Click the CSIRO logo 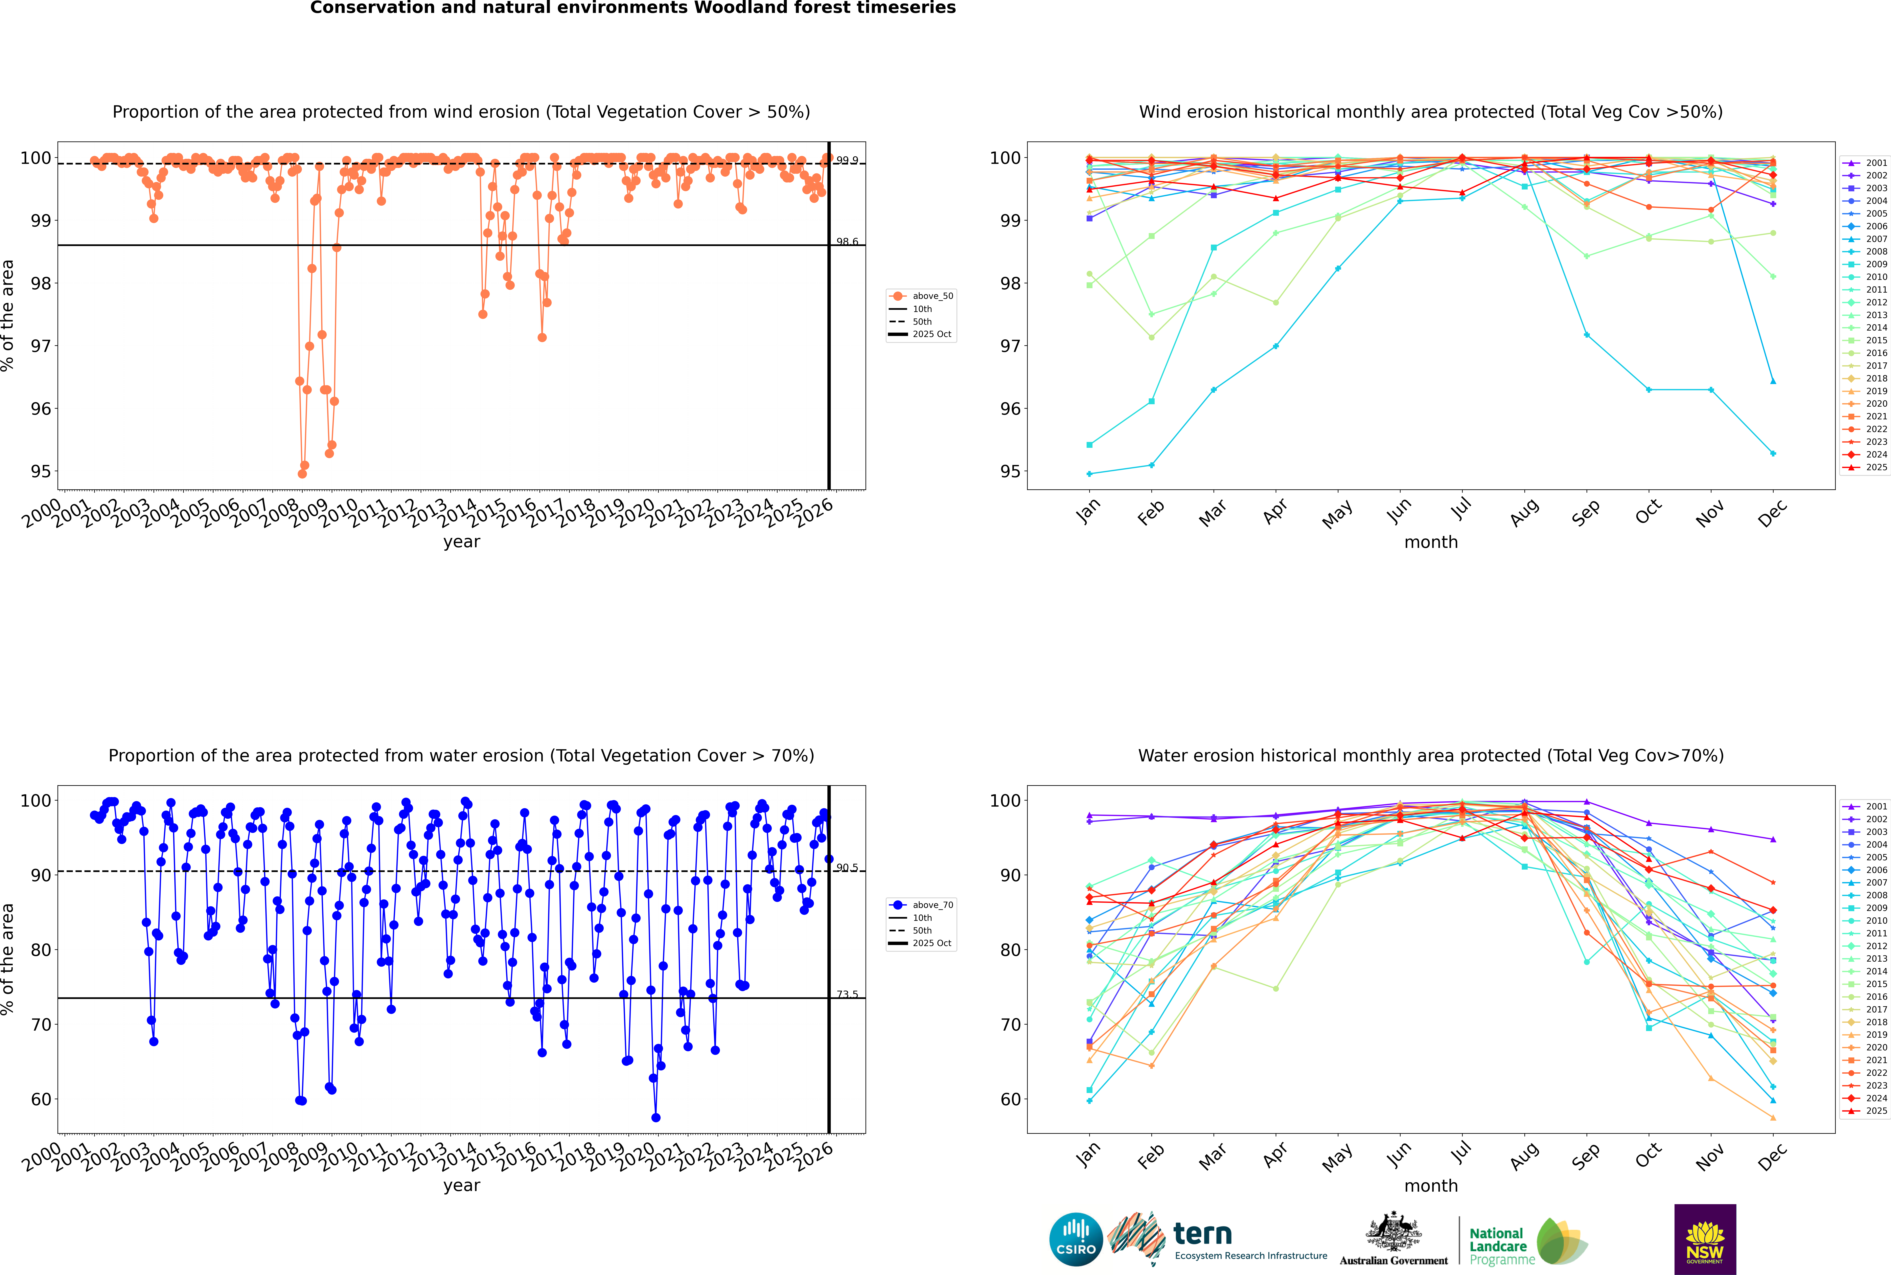(1076, 1239)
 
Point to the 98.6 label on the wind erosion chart (847, 242)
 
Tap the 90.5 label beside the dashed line (847, 868)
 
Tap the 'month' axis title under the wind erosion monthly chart (1431, 542)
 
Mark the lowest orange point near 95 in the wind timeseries (302, 473)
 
